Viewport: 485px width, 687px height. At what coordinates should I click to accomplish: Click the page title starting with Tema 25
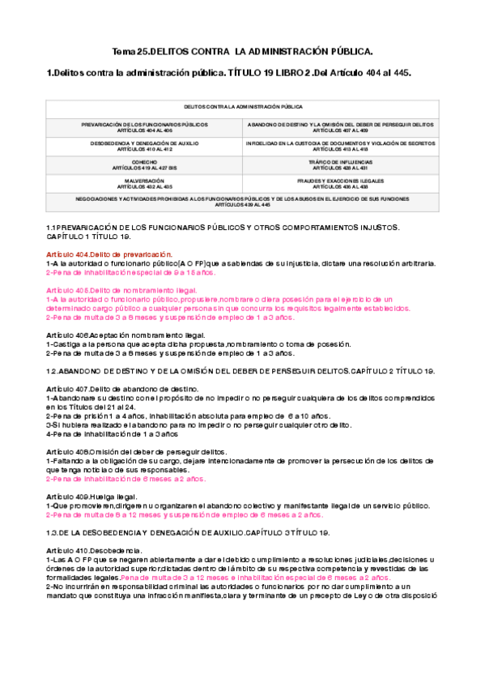coord(241,51)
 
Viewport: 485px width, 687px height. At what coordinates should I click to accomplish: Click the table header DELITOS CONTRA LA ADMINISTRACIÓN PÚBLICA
coord(242,106)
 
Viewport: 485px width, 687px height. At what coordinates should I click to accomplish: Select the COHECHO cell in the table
coord(144,164)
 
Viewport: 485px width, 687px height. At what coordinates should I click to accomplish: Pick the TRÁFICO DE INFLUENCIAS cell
coord(340,164)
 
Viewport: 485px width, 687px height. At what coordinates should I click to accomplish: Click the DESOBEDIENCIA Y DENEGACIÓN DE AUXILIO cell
coord(144,146)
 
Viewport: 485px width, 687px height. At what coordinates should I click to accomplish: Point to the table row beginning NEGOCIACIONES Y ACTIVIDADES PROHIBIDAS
coord(242,201)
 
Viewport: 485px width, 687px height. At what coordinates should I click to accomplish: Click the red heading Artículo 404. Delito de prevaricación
coord(109,254)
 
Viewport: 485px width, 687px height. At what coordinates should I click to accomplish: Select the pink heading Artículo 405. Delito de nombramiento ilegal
coord(121,290)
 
